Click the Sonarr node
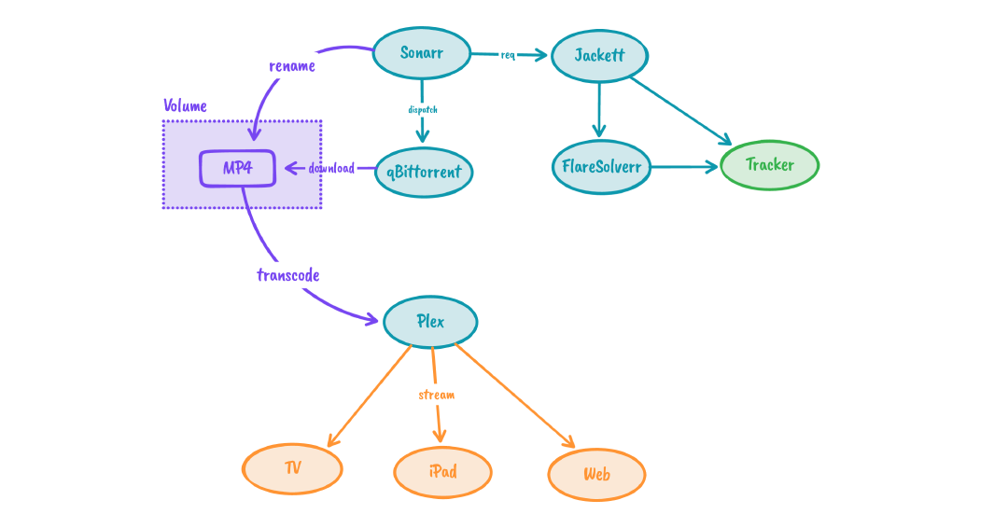421,53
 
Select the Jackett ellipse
599,56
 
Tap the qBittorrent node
424,172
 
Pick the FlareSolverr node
600,168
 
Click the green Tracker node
770,165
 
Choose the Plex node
430,322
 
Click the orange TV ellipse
292,468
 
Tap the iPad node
442,472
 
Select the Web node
596,475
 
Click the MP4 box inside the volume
237,169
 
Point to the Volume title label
185,105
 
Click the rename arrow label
291,66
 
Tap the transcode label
288,275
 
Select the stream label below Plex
436,395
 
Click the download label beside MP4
331,169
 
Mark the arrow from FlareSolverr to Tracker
685,168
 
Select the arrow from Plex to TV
369,396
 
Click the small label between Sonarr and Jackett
509,55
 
